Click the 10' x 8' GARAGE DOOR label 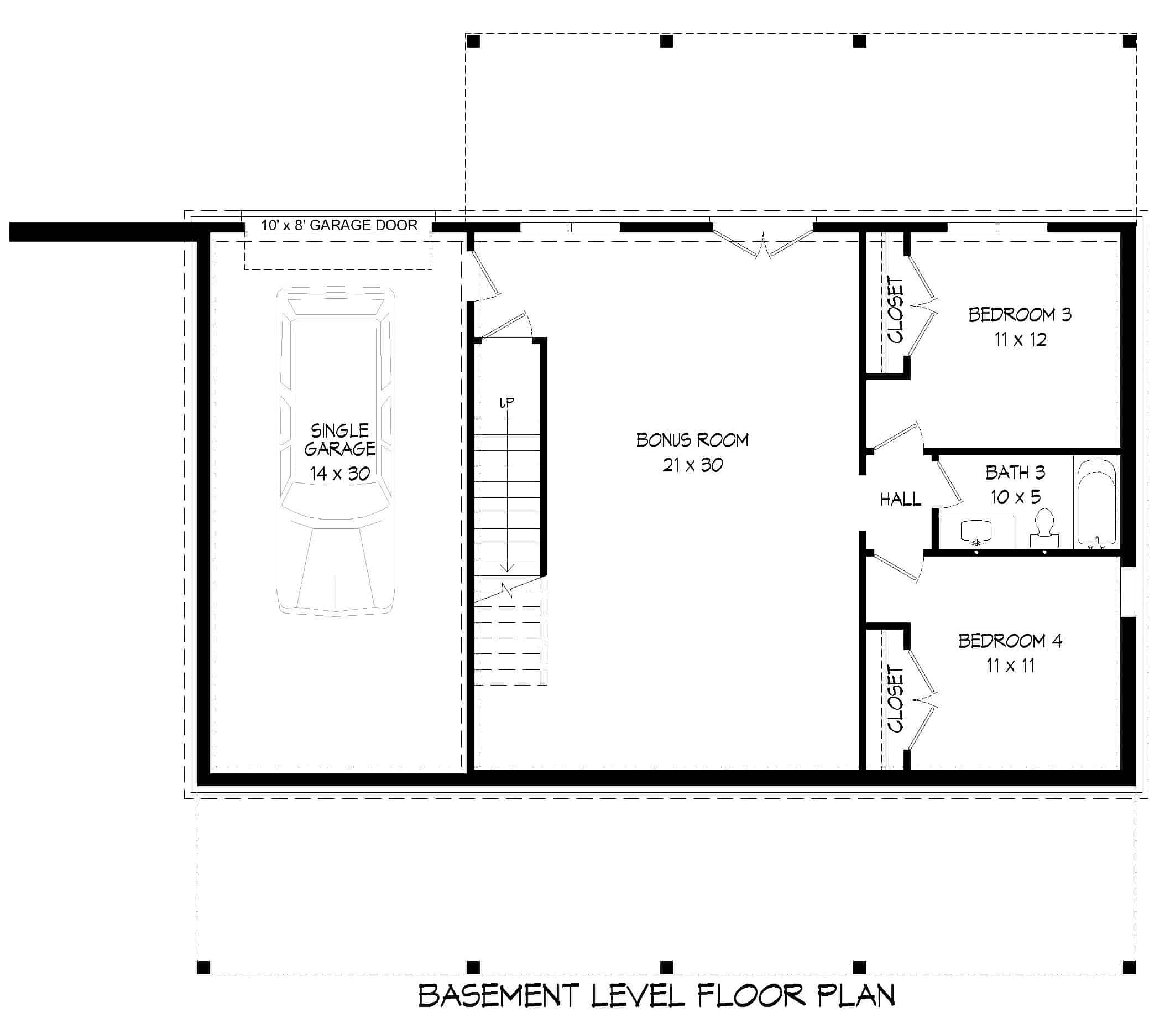point(339,225)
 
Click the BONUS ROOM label point(692,440)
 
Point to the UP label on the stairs point(506,403)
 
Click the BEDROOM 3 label point(1020,315)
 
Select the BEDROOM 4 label point(1010,641)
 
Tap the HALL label point(900,500)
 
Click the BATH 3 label point(1015,473)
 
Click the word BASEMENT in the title point(498,996)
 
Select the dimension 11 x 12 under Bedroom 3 point(1020,340)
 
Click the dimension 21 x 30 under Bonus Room point(692,465)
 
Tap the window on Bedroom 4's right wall point(1127,591)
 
